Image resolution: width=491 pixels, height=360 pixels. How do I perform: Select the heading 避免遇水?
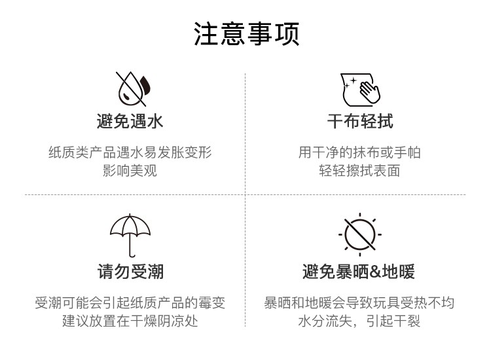pos(130,121)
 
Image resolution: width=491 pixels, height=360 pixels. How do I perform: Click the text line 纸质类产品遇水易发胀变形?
pos(130,153)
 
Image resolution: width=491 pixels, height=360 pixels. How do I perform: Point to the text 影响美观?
pos(130,171)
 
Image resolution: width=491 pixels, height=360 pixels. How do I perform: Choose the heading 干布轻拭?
pos(360,121)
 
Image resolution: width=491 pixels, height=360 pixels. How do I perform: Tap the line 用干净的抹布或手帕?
pos(360,153)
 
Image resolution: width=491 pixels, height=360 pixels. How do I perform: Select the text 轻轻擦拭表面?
pos(360,171)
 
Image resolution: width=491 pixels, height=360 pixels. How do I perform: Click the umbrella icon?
pos(130,232)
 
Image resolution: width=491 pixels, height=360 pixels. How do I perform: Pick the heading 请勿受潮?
pos(130,271)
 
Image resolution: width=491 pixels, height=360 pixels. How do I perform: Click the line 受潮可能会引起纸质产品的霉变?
pos(130,303)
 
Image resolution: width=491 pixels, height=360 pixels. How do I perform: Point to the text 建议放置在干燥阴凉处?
pos(130,321)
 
